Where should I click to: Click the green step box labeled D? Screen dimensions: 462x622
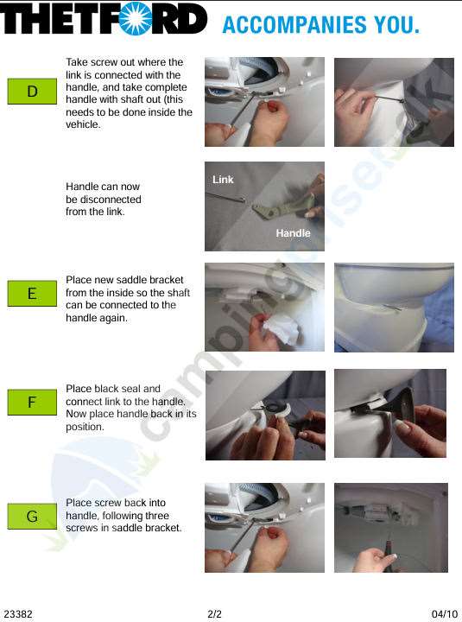[32, 92]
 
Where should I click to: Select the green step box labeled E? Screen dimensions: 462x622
[32, 294]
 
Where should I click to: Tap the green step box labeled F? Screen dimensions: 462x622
[32, 403]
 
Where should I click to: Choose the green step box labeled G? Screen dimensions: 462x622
[32, 516]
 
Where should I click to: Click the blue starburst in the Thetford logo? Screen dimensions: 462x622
[136, 18]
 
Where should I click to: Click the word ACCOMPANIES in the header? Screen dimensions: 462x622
[294, 24]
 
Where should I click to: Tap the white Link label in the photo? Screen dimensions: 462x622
[223, 180]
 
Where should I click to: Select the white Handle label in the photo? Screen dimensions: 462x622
[293, 233]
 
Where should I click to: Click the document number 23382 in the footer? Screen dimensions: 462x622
[18, 614]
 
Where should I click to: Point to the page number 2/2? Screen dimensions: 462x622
[214, 614]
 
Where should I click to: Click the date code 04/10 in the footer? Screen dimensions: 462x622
[445, 614]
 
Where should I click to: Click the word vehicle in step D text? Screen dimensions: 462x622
[83, 124]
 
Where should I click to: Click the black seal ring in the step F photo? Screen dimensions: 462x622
[275, 406]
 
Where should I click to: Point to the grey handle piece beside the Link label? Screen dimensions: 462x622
[282, 207]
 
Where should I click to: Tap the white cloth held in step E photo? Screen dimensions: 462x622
[280, 330]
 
